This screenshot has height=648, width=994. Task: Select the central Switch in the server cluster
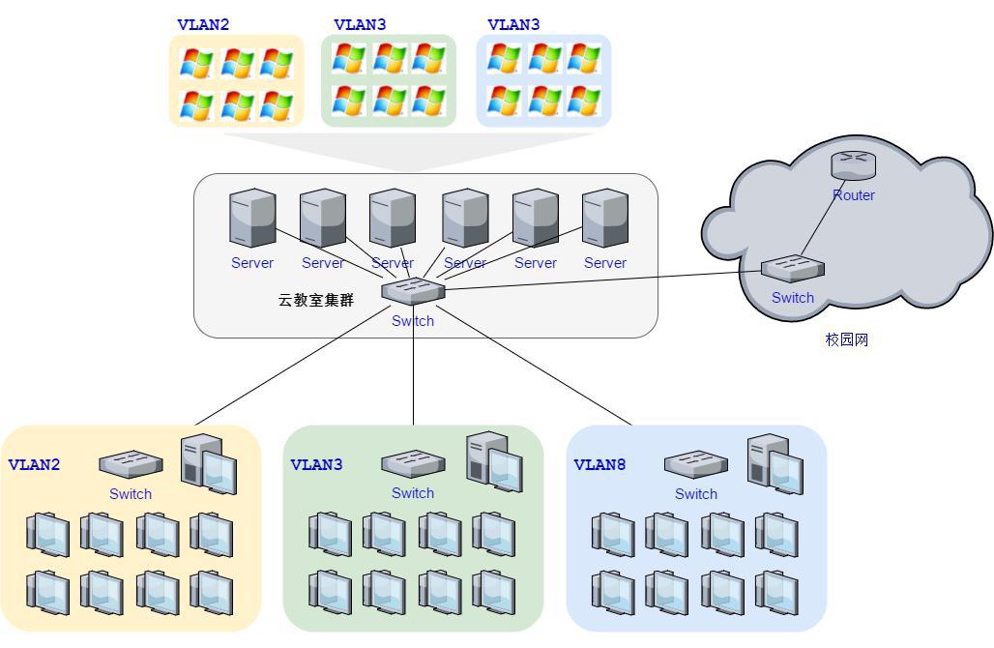pyautogui.click(x=413, y=291)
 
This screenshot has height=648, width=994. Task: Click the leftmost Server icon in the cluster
pyautogui.click(x=252, y=218)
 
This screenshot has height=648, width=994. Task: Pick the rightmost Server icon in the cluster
pyautogui.click(x=605, y=218)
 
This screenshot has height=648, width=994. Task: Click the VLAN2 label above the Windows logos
pyautogui.click(x=203, y=25)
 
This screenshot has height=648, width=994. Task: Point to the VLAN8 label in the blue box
pyautogui.click(x=599, y=465)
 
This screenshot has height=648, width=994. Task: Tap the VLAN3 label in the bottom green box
pyautogui.click(x=316, y=465)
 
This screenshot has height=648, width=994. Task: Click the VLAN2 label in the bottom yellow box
pyautogui.click(x=34, y=465)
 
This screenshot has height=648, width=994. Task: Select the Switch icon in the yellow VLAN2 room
pyautogui.click(x=131, y=464)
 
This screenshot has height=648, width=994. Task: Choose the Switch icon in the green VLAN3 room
pyautogui.click(x=413, y=464)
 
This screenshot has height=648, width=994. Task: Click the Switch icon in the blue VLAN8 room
pyautogui.click(x=696, y=464)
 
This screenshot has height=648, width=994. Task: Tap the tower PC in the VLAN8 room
pyautogui.click(x=775, y=463)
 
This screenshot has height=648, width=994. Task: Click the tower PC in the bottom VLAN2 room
pyautogui.click(x=208, y=461)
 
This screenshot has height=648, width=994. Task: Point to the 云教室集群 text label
pyautogui.click(x=316, y=301)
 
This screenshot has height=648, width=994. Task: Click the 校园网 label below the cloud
pyautogui.click(x=847, y=339)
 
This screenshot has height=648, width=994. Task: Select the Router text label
pyautogui.click(x=854, y=195)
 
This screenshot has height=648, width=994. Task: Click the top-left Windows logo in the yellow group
pyautogui.click(x=196, y=64)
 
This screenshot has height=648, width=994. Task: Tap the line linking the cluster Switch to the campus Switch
pyautogui.click(x=599, y=280)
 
